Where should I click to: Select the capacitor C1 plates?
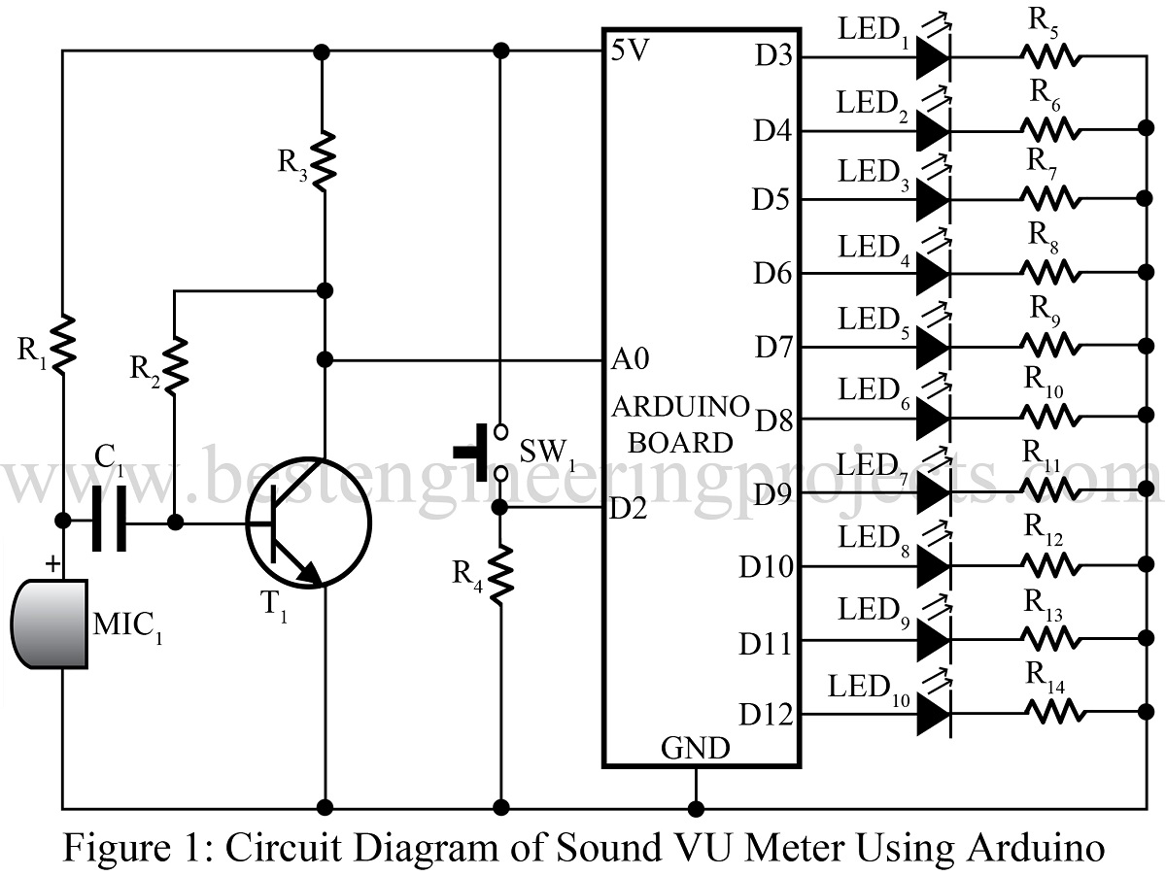click(111, 522)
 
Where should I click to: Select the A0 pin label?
click(631, 359)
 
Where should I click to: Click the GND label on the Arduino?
click(695, 749)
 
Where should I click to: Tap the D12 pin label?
click(766, 716)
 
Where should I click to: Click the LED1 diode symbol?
click(931, 56)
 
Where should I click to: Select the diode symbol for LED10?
click(931, 715)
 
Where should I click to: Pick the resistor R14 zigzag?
click(1049, 715)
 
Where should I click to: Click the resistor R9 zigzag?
click(1049, 345)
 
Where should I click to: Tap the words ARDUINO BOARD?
click(680, 423)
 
